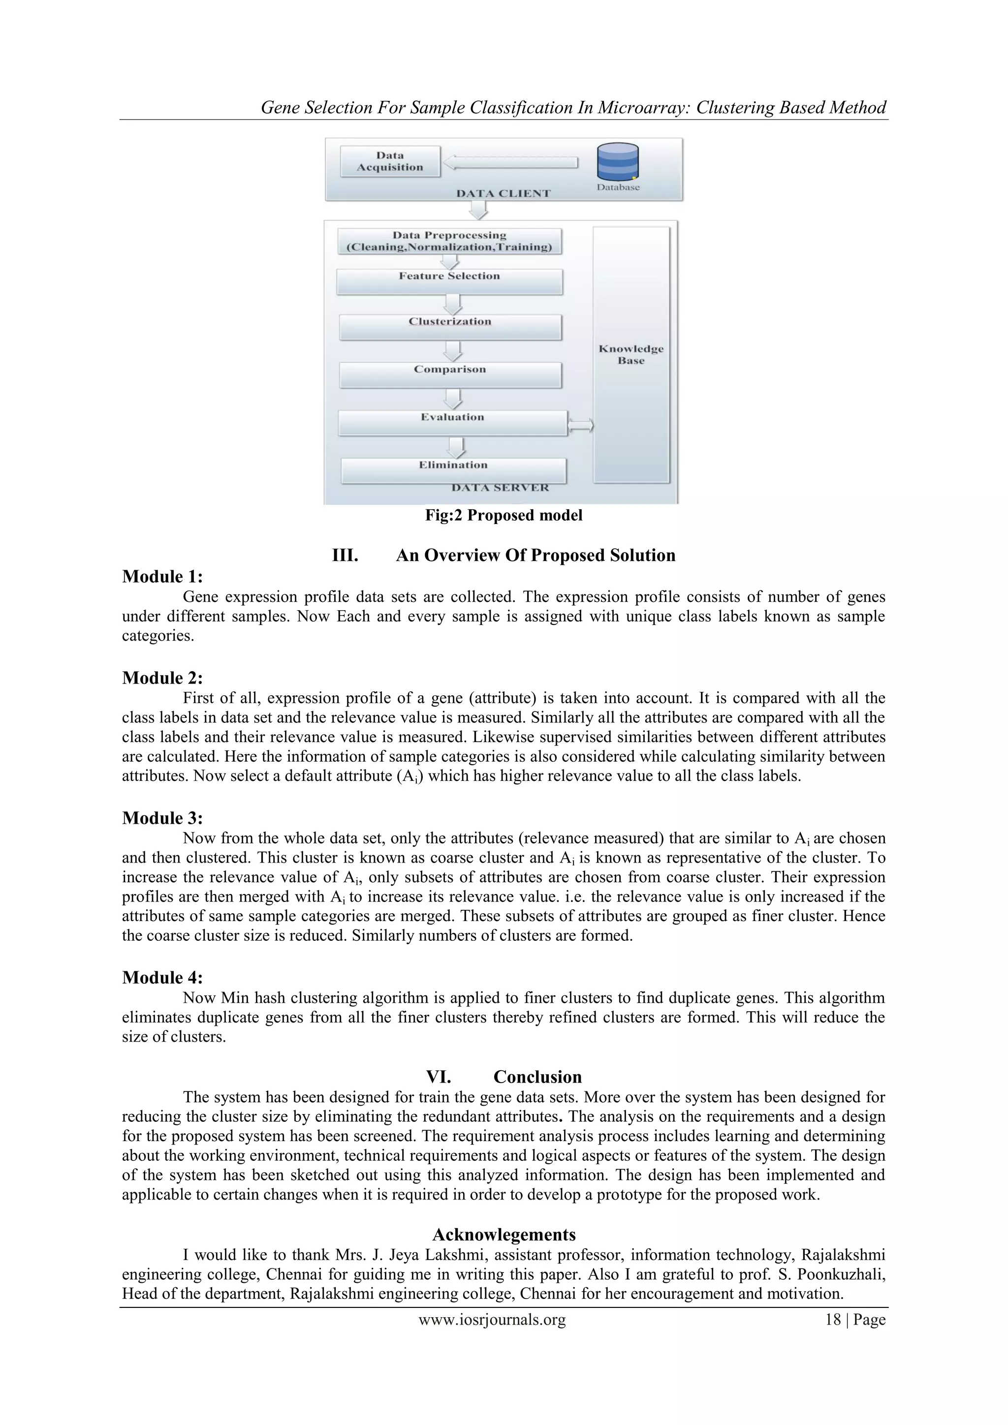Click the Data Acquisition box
(390, 161)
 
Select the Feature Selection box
(449, 281)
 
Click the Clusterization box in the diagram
(450, 326)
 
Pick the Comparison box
(450, 374)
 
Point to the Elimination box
(453, 470)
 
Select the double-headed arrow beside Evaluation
(581, 425)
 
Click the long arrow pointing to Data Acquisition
(511, 162)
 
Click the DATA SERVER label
(500, 488)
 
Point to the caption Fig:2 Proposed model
(504, 515)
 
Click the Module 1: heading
(162, 577)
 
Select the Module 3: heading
(162, 818)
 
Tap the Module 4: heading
(162, 978)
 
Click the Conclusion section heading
(537, 1077)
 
